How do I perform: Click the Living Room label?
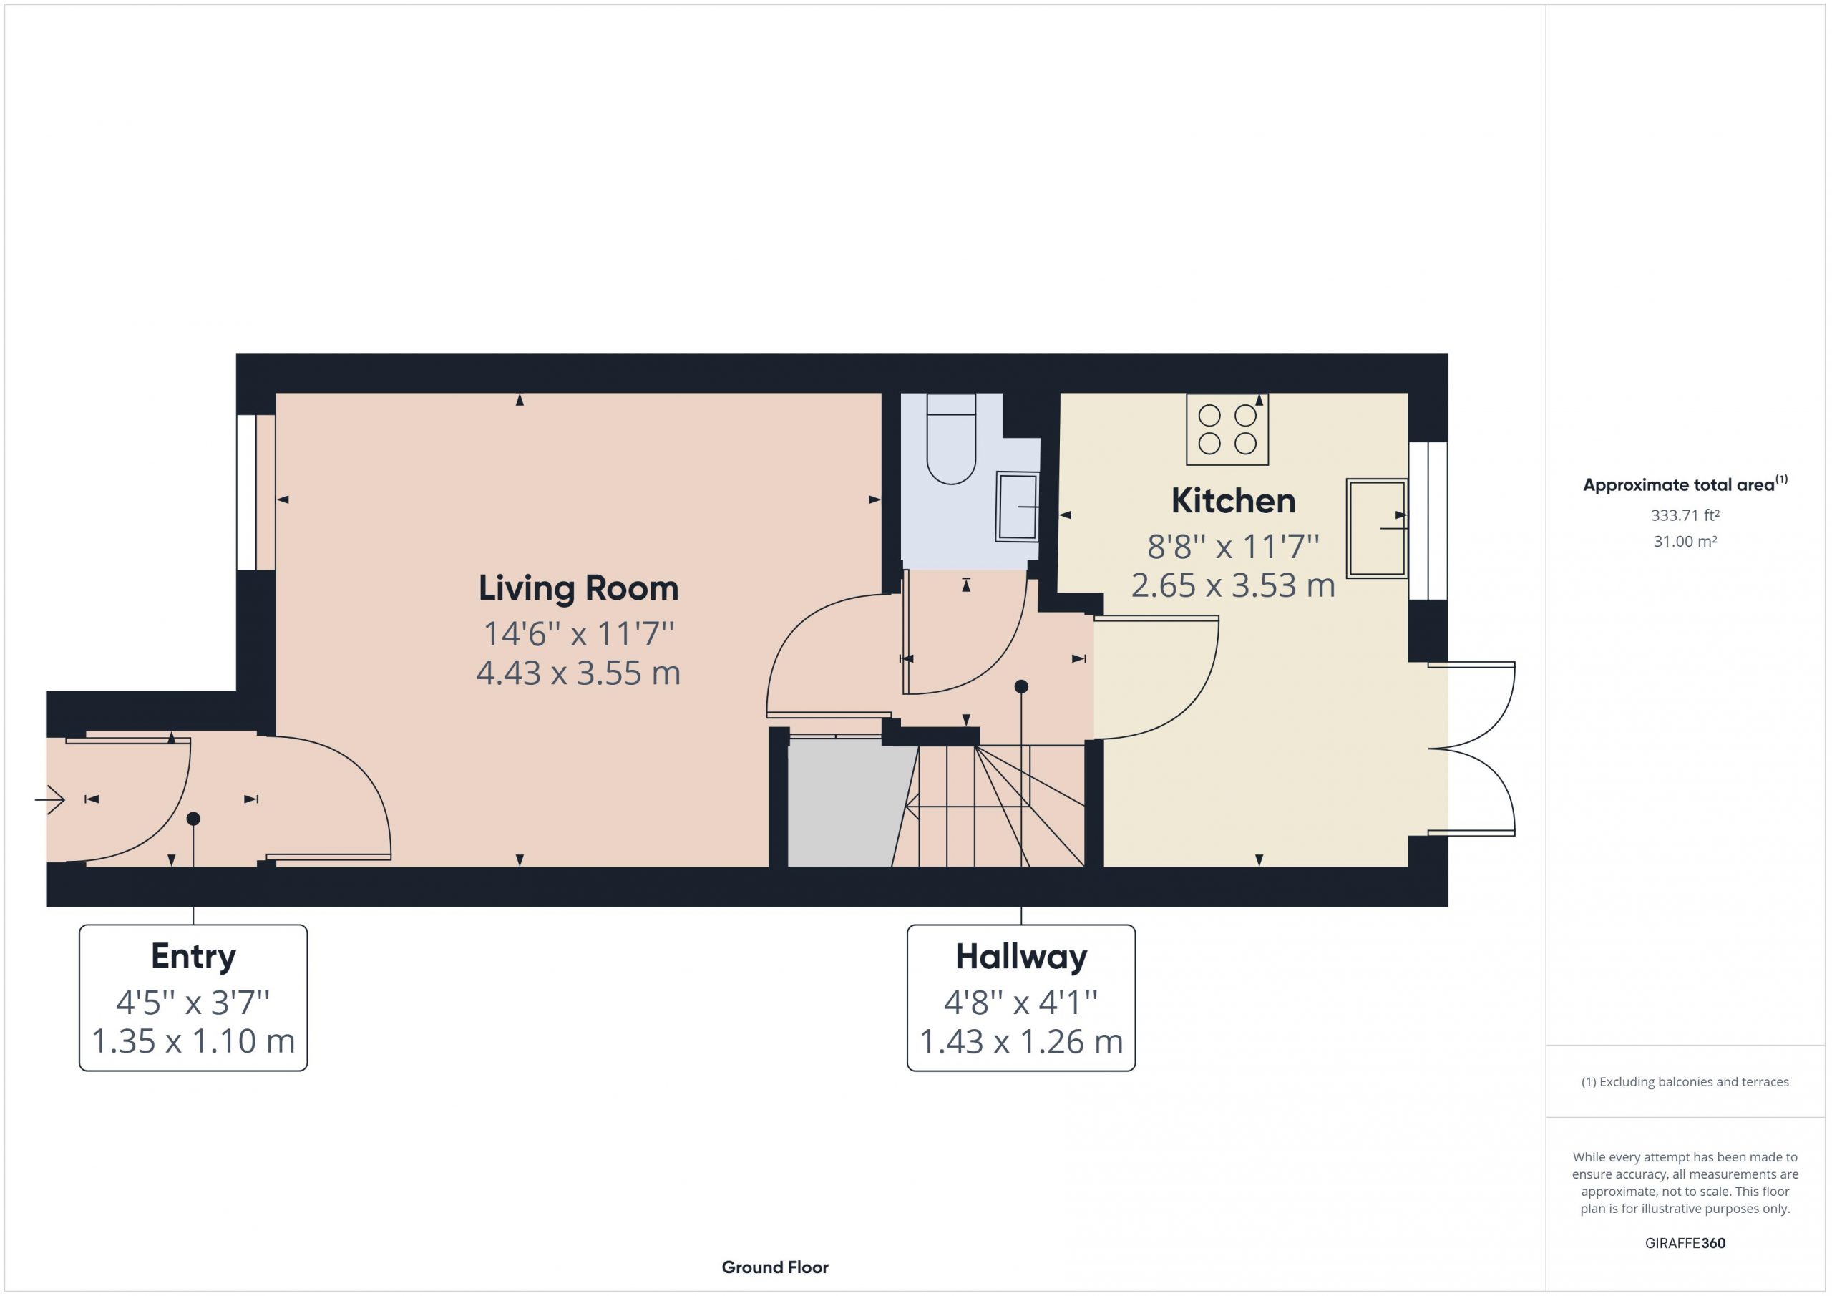tap(578, 589)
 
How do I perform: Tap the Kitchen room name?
tap(1233, 501)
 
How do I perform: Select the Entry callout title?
tap(193, 957)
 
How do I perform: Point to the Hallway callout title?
tap(1021, 957)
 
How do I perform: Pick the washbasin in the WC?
tap(1018, 507)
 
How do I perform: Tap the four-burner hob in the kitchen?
tap(1227, 429)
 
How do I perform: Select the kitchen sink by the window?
tap(1377, 528)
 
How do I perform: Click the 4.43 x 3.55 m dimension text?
tap(578, 673)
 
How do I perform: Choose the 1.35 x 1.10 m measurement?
tap(193, 1041)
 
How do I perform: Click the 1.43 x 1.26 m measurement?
tap(1021, 1041)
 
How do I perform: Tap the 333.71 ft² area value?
tap(1685, 515)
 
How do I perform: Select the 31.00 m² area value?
tap(1685, 541)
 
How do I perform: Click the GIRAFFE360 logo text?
tap(1685, 1242)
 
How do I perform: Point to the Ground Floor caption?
tap(775, 1267)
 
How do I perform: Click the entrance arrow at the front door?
tap(49, 799)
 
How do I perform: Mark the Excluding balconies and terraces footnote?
tap(1685, 1082)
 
